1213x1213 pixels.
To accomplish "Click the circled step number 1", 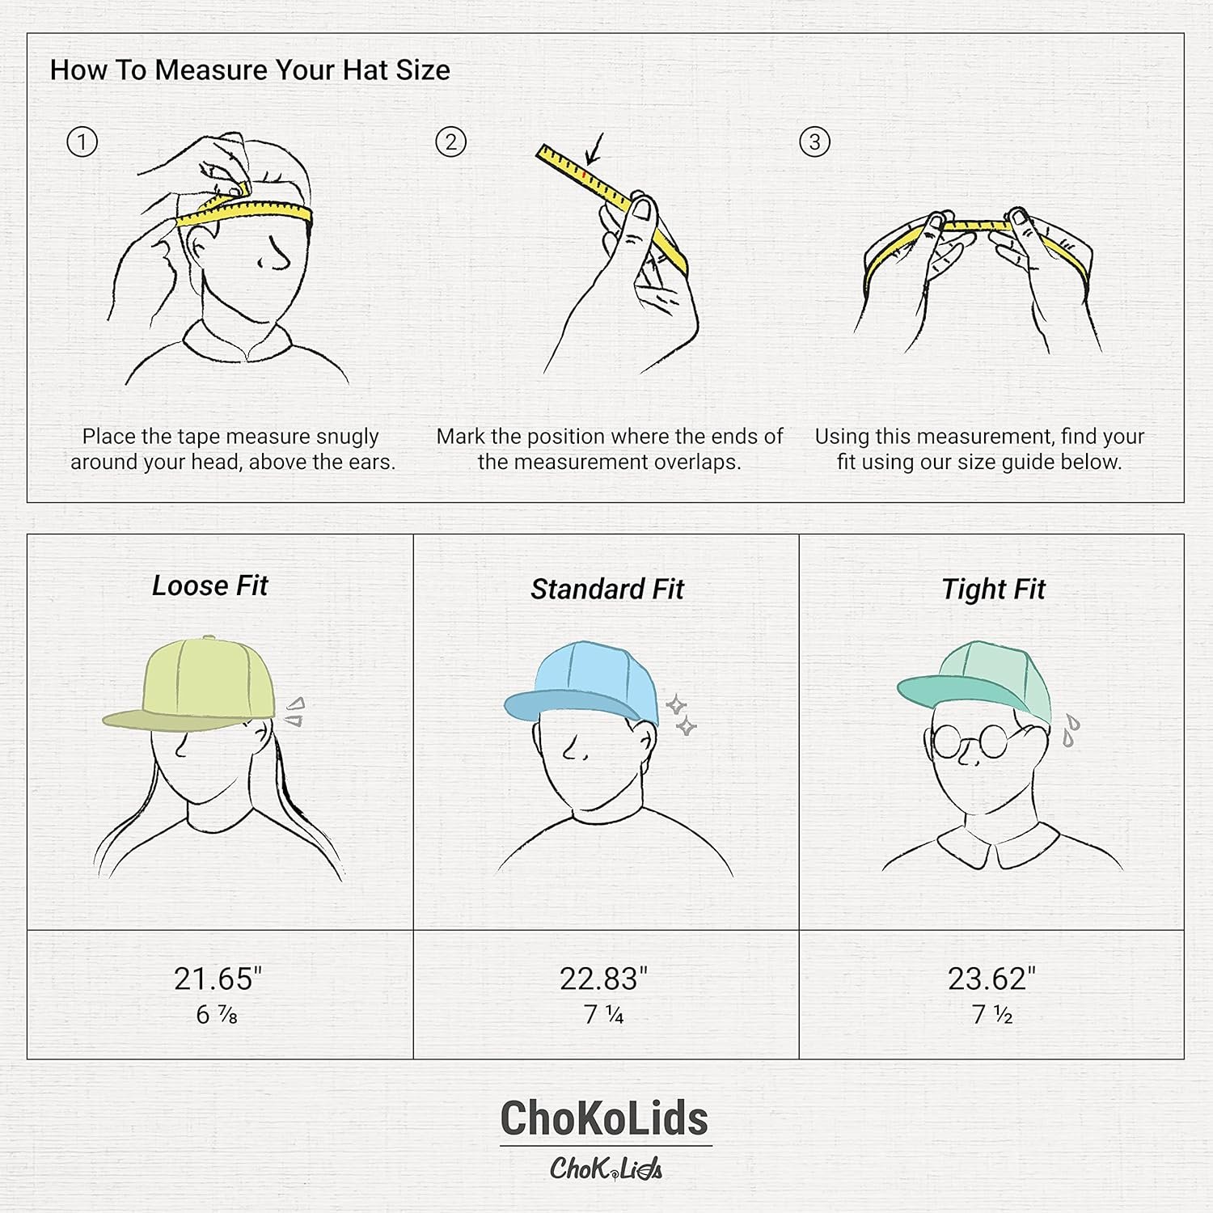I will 82,142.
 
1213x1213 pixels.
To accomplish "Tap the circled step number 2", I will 450,142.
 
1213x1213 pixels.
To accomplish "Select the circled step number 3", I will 814,142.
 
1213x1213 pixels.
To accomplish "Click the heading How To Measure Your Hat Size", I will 250,70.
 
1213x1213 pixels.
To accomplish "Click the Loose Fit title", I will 209,585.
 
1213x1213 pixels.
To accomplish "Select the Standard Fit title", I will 606,590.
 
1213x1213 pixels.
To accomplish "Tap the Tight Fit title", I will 993,590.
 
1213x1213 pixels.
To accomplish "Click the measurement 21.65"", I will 218,978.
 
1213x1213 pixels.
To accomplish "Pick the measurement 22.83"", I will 603,978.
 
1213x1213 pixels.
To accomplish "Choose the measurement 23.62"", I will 991,978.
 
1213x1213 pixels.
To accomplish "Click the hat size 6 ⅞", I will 217,1014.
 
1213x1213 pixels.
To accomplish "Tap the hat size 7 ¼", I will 603,1014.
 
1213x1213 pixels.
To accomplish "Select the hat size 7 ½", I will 991,1014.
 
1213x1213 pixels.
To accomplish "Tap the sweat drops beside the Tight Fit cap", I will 1071,729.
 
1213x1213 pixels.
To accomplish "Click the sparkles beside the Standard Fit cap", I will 681,716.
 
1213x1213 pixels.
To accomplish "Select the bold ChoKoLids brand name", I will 604,1118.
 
